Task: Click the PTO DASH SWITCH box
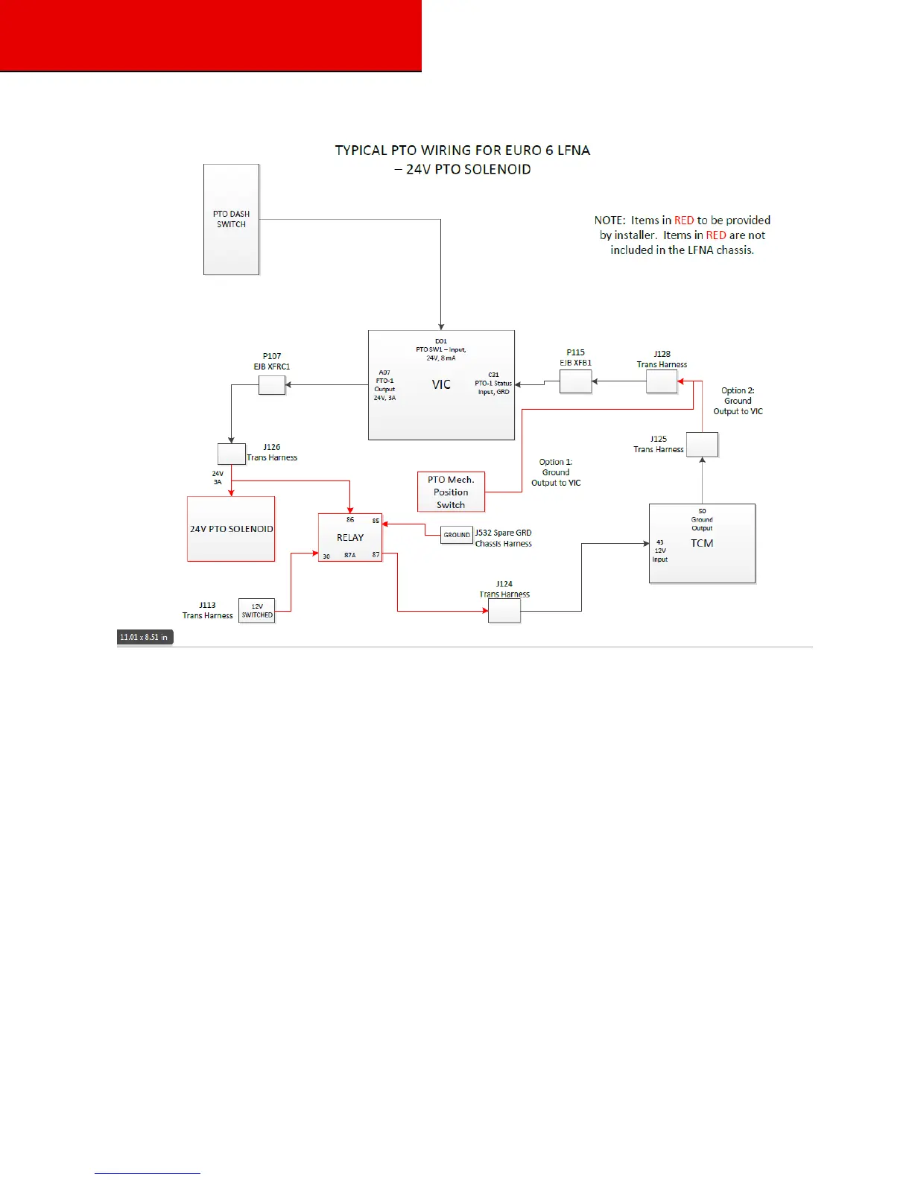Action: (231, 219)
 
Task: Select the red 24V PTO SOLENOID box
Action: (231, 529)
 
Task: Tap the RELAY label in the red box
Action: (350, 537)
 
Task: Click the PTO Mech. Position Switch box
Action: (451, 492)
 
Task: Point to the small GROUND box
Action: (457, 535)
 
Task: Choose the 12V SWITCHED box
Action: (257, 611)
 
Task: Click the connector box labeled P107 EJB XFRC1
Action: (272, 385)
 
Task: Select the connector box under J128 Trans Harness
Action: (662, 381)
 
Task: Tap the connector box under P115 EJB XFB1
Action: (575, 382)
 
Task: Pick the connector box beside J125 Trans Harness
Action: (702, 445)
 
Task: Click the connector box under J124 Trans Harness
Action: (504, 611)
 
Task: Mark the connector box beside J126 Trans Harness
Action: (231, 454)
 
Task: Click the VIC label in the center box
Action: (441, 384)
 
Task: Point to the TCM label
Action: (702, 543)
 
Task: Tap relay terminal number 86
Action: (350, 520)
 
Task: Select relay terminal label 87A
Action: (350, 555)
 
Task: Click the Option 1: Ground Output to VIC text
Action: (556, 472)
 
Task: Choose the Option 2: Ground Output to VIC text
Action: (738, 401)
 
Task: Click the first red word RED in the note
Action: (684, 221)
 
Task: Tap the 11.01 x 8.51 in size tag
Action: (145, 637)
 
